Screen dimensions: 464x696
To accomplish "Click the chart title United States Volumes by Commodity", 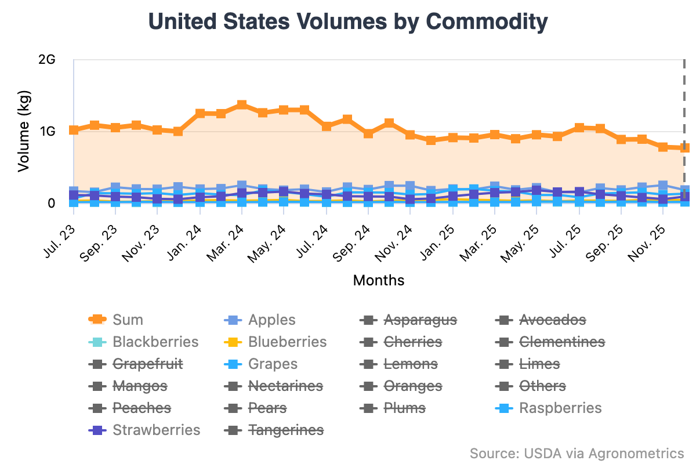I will point(348,22).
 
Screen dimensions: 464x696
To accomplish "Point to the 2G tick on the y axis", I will point(46,60).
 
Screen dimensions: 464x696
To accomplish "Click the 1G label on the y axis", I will point(46,132).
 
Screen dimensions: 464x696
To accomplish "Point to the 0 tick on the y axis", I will point(51,203).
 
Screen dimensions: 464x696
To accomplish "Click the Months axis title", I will point(379,281).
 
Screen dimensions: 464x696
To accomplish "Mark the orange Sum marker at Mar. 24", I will point(242,105).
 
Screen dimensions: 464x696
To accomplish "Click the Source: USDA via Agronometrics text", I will point(577,452).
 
